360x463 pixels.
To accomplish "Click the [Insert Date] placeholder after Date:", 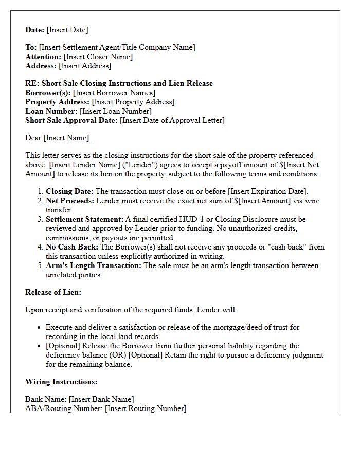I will click(x=67, y=30).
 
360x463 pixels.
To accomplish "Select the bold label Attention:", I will click(x=43, y=57).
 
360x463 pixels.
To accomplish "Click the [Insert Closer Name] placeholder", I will click(x=98, y=57).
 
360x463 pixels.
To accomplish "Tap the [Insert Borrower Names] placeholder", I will click(x=114, y=93).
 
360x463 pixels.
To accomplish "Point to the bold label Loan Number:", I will click(x=51, y=111).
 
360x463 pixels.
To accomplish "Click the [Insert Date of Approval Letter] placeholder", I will click(x=172, y=120).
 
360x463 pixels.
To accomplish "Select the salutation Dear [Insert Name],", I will click(x=58, y=138).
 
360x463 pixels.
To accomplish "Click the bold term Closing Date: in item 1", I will click(x=69, y=191).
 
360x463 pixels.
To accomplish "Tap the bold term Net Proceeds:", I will click(x=70, y=201).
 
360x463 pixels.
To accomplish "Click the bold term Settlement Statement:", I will click(x=85, y=219).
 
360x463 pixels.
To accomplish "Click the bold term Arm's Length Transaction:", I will click(x=94, y=265).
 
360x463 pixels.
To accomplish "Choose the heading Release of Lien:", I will click(x=53, y=292).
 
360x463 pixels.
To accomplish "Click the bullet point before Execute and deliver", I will click(x=40, y=328).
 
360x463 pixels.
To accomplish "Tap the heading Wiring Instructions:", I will click(x=61, y=382).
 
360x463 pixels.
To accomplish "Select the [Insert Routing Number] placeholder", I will click(x=146, y=408).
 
